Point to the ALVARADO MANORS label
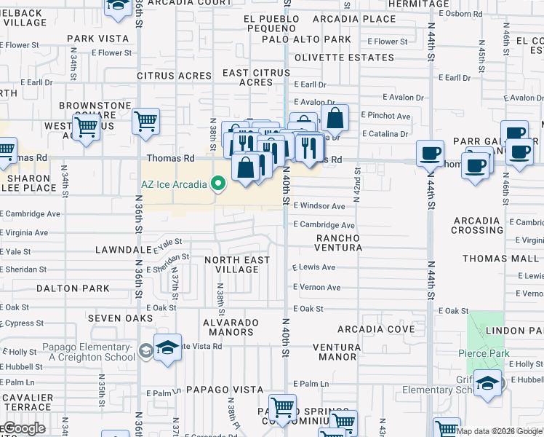coord(231,327)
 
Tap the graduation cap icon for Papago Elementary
coord(167,350)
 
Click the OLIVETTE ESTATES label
coord(340,57)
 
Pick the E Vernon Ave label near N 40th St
coord(317,288)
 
